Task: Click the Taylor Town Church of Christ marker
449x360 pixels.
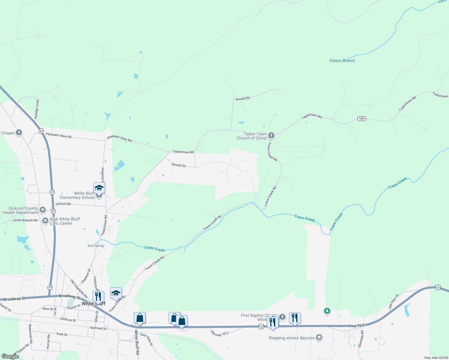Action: click(x=271, y=136)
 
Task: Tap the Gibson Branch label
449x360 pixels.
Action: click(x=342, y=61)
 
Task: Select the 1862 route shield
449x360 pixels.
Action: click(x=361, y=118)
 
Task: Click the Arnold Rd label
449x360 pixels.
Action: click(x=243, y=98)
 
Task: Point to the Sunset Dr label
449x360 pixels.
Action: click(x=179, y=165)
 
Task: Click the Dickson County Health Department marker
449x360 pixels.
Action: click(x=42, y=210)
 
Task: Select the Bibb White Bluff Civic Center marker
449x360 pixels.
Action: click(x=45, y=221)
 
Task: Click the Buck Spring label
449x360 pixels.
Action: click(x=95, y=246)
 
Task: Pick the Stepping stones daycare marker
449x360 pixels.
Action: click(x=319, y=337)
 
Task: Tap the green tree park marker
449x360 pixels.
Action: click(x=327, y=311)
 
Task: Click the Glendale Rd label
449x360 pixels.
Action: click(x=361, y=339)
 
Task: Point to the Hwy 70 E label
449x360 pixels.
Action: click(x=357, y=325)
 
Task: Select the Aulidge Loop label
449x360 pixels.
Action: click(x=37, y=109)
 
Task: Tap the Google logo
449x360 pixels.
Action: click(x=10, y=356)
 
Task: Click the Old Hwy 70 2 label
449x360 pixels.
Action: click(x=220, y=333)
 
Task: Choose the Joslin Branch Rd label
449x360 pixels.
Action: click(x=25, y=220)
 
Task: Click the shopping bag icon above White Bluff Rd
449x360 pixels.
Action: click(x=140, y=318)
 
